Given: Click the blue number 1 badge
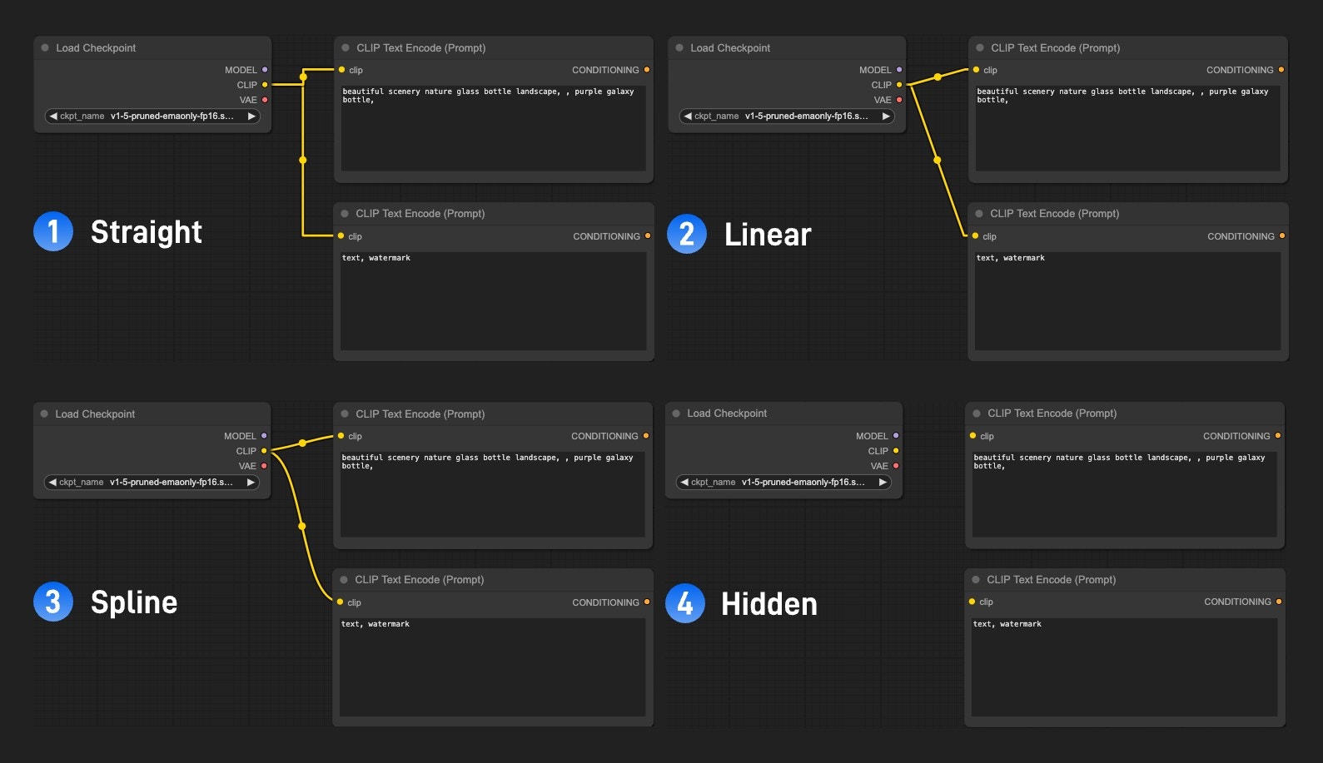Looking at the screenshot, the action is tap(53, 231).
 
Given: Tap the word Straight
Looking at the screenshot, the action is tap(147, 232).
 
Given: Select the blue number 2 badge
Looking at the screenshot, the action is tap(687, 234).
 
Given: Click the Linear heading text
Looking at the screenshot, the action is tap(768, 235).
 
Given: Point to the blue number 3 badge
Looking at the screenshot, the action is tap(53, 602).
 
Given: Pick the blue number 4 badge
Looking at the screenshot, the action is tap(685, 603).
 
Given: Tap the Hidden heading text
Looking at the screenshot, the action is tap(769, 604).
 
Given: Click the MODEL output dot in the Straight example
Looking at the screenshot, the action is tap(265, 70).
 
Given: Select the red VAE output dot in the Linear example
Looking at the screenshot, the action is tap(899, 100).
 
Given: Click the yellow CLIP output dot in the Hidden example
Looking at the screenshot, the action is tap(896, 451).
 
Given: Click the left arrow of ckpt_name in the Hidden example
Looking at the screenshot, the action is tap(684, 482).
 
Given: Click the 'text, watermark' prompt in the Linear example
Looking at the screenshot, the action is tap(1011, 258).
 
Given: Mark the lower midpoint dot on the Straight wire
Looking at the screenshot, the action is tap(303, 160).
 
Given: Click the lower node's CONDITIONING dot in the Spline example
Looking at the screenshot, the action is tap(647, 602).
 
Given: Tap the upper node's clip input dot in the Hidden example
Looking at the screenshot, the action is tap(972, 435).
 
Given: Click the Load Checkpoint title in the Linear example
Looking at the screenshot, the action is tap(730, 47).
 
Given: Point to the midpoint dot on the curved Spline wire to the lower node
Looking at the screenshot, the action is tap(301, 526).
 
